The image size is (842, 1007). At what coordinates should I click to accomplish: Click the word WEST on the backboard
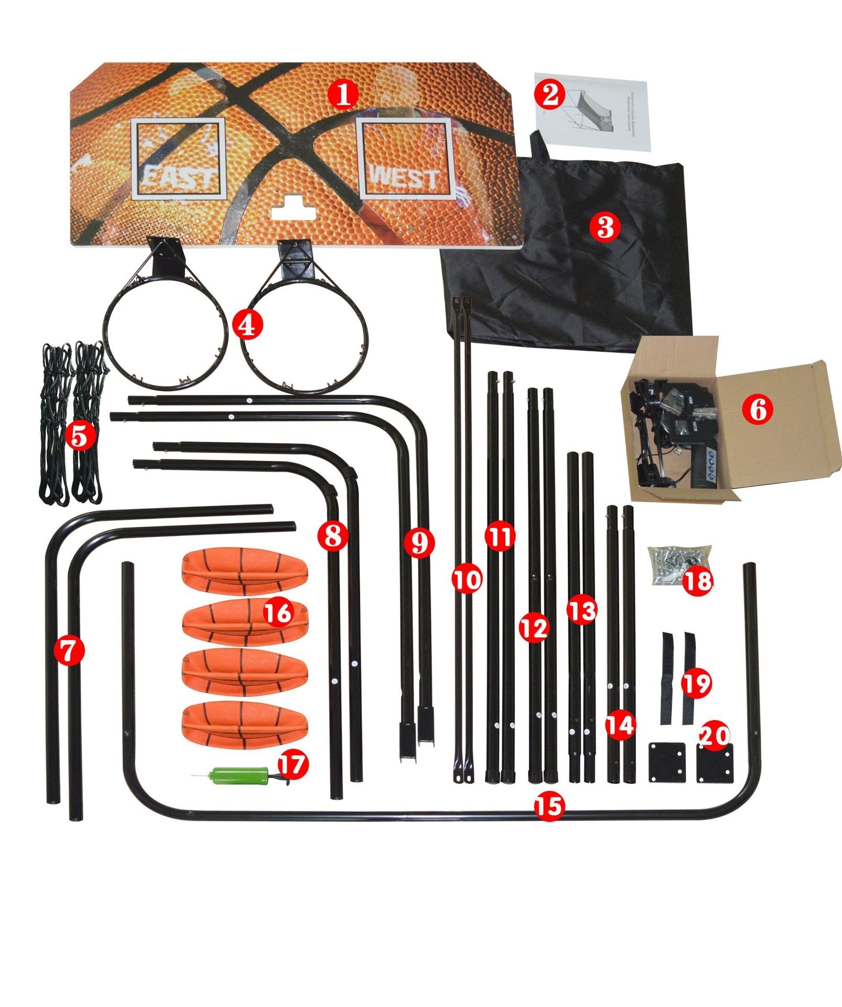[404, 178]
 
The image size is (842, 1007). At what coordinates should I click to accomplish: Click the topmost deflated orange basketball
[244, 573]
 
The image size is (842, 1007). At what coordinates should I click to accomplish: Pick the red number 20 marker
[715, 736]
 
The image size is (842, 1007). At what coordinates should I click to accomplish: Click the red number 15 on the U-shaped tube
[549, 807]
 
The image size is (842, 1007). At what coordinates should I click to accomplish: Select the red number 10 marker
[467, 580]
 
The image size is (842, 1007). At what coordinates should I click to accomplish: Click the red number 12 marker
[534, 627]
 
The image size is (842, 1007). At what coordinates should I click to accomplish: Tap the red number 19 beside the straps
[696, 683]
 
